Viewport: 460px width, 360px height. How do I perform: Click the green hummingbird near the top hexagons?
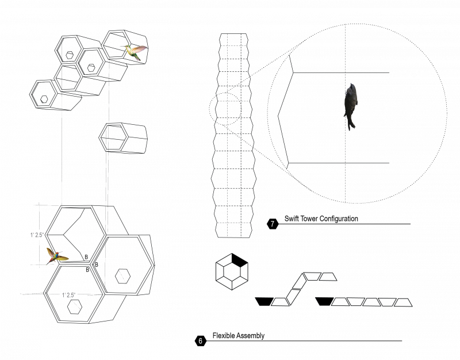(x=135, y=52)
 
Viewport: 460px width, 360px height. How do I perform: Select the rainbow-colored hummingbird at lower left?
(x=56, y=256)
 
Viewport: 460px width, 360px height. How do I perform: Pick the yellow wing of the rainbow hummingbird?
(x=63, y=258)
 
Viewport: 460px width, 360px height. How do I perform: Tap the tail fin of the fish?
(x=351, y=124)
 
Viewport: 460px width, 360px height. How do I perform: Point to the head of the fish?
(x=351, y=87)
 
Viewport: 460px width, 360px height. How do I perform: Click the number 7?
(x=273, y=224)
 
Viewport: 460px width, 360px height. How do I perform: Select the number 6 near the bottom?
(x=200, y=341)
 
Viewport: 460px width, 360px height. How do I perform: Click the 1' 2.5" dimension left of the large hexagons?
(x=37, y=235)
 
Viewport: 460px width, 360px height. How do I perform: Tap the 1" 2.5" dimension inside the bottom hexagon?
(x=69, y=295)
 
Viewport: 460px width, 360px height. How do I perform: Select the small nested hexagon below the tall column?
(x=231, y=273)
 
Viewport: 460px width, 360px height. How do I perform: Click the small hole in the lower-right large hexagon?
(x=122, y=276)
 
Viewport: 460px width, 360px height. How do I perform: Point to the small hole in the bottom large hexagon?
(x=74, y=307)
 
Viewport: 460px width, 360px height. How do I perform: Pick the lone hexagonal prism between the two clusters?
(x=122, y=138)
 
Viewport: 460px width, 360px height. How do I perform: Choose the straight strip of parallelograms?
(x=363, y=302)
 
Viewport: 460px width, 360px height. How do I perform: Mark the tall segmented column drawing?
(x=234, y=135)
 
